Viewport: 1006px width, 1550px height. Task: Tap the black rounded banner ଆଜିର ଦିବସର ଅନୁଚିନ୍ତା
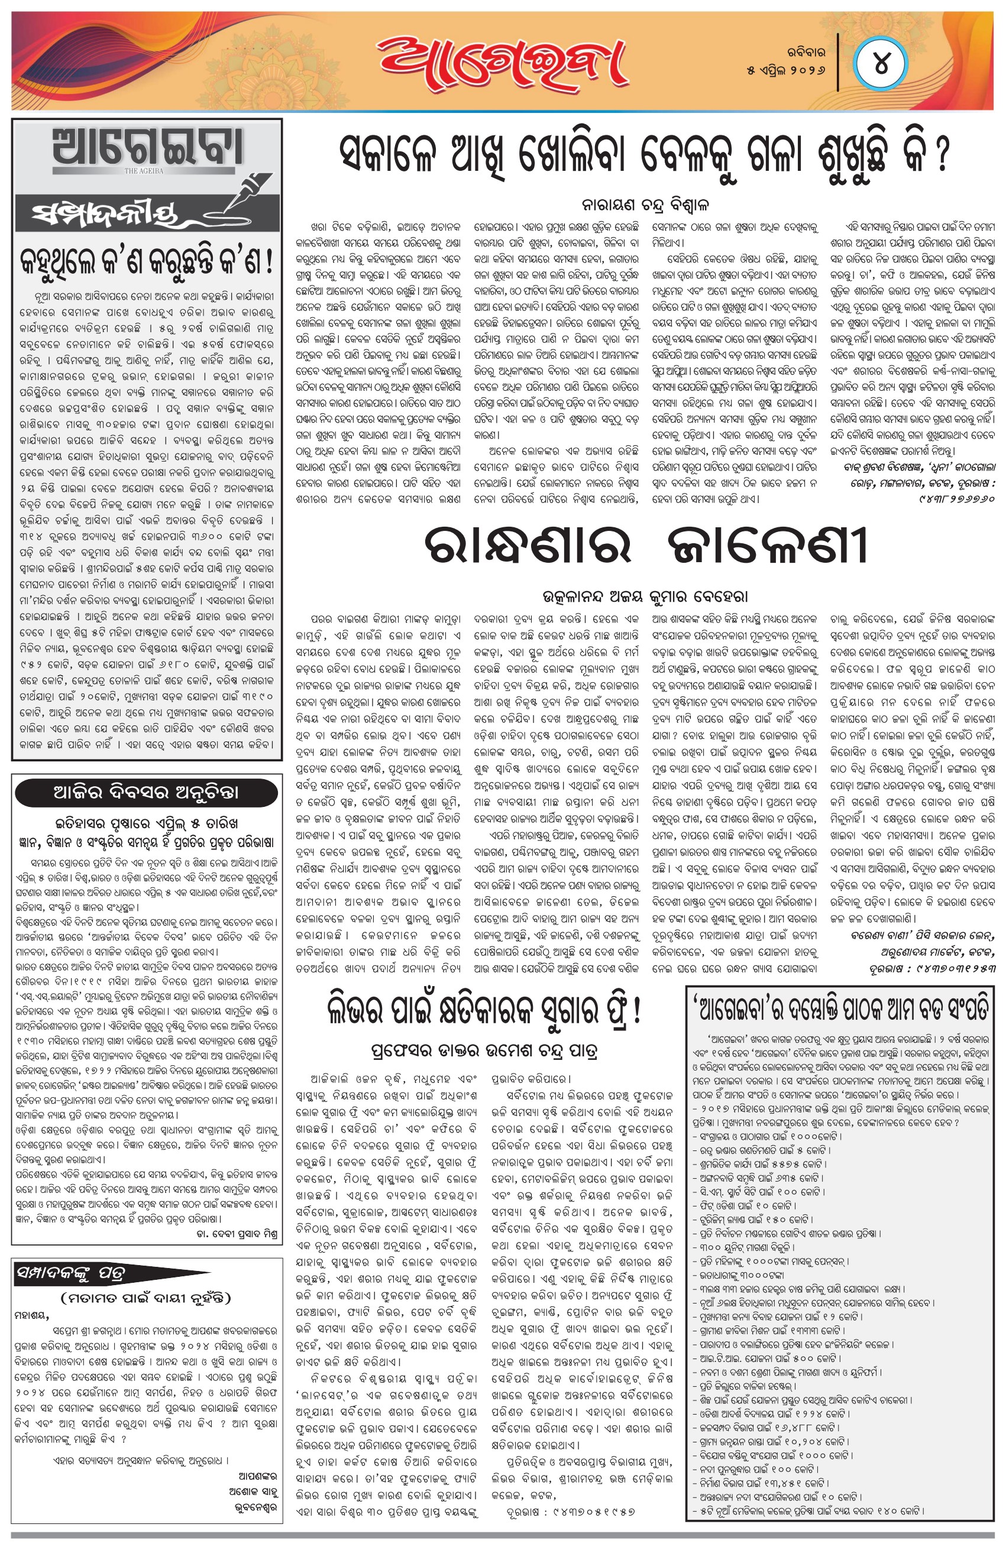[x=146, y=793]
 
